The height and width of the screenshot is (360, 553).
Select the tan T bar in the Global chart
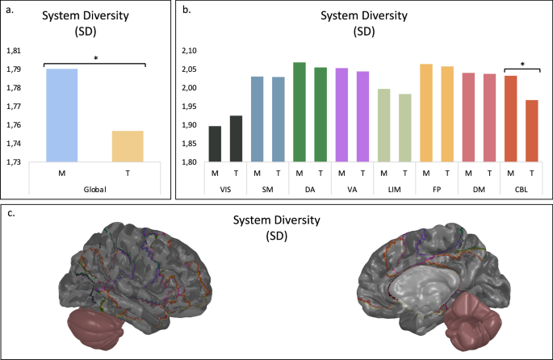coord(128,146)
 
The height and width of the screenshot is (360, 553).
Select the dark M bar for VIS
coord(215,144)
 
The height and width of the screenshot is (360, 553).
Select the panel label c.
coord(10,212)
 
